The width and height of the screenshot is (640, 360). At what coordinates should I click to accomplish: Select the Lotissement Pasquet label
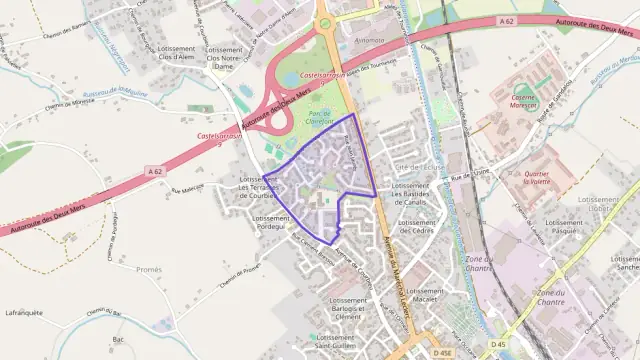coord(565,226)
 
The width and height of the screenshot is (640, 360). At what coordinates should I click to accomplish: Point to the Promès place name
coord(149,269)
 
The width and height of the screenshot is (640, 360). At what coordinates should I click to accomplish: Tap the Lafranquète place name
coord(24,312)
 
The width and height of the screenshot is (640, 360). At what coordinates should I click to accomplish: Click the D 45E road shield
coord(443,353)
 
